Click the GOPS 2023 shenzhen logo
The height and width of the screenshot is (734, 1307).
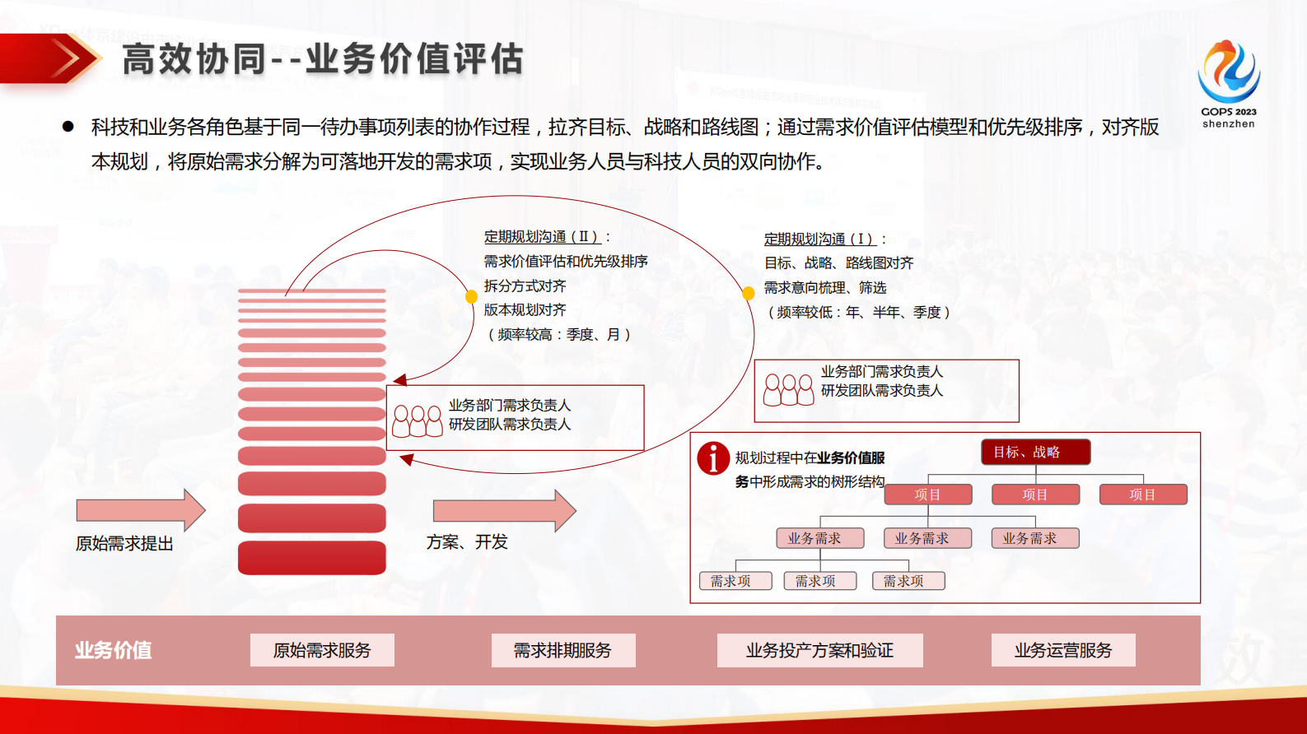tap(1228, 82)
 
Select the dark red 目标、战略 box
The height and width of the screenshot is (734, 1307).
tap(1035, 452)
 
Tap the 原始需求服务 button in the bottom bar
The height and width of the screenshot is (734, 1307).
tap(322, 650)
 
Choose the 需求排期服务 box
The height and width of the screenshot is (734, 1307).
tap(562, 650)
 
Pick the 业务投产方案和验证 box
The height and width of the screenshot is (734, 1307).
tap(819, 650)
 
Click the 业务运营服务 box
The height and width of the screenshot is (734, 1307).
tap(1062, 650)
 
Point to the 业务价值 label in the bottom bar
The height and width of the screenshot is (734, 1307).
tap(113, 650)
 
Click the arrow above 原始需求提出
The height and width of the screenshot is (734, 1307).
tap(140, 510)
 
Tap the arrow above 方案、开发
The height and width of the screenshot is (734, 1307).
tap(503, 510)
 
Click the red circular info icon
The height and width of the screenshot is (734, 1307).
tap(713, 458)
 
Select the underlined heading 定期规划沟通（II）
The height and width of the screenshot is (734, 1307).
tap(542, 237)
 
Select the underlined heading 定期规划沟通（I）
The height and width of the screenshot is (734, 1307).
tap(820, 239)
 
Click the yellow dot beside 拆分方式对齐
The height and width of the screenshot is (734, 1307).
tap(471, 296)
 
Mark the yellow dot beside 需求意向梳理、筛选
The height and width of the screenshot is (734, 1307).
tap(748, 293)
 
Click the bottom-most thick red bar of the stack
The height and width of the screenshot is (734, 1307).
tap(311, 557)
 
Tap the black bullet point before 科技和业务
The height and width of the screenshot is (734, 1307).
tap(68, 127)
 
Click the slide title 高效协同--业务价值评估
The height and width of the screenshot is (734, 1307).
tap(322, 59)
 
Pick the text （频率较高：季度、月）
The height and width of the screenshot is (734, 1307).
tap(558, 334)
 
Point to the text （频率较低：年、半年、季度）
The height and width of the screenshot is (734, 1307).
tap(857, 312)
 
